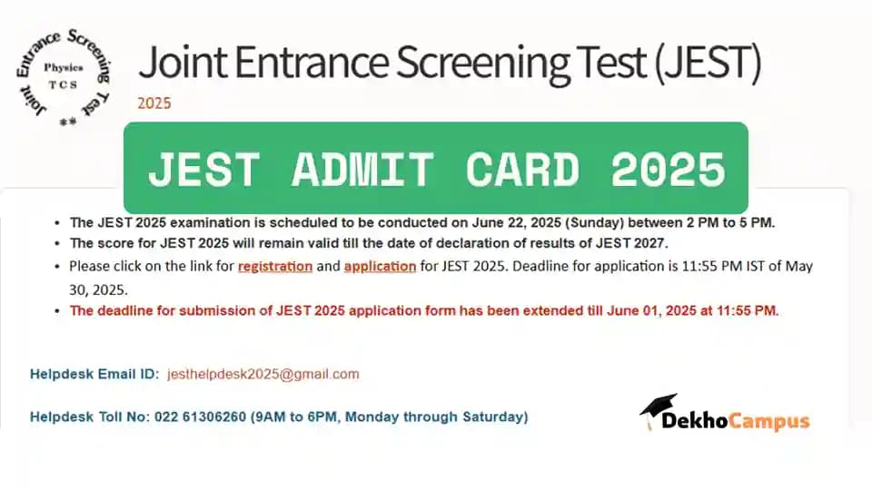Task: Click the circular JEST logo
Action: [63, 77]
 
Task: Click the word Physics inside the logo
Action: [64, 68]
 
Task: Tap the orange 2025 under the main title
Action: [154, 103]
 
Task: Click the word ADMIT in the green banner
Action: [362, 169]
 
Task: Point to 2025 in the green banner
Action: [668, 169]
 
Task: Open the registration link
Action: [275, 267]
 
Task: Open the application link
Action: [380, 267]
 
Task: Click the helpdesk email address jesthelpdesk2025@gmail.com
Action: [263, 375]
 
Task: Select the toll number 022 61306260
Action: [200, 416]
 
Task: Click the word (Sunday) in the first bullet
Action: [594, 223]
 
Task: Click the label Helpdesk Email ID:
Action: [94, 374]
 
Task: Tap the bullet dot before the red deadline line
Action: [57, 311]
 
